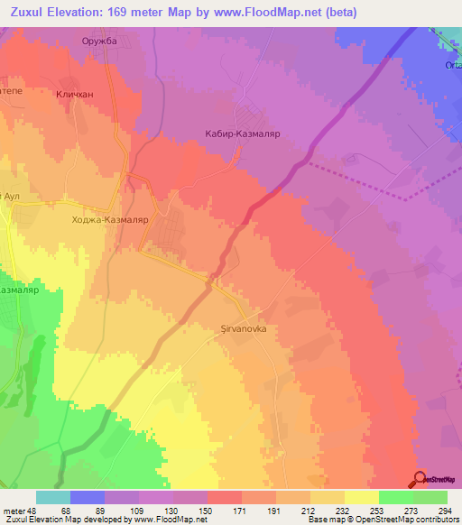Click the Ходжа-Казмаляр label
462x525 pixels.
coord(115,218)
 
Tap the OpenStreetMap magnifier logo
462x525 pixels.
coord(420,480)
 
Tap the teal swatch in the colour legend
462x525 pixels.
coord(53,497)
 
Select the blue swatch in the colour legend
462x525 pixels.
coord(88,497)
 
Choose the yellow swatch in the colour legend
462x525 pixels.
coord(362,497)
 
